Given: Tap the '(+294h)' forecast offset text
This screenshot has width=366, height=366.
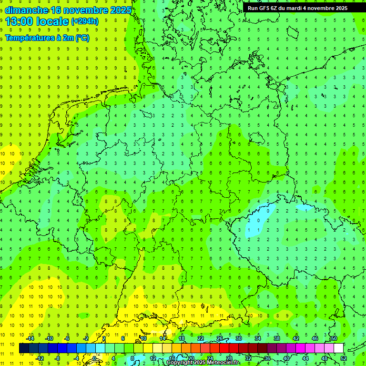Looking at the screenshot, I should pyautogui.click(x=85, y=21).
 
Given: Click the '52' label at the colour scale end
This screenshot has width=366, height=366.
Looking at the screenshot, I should pyautogui.click(x=344, y=358).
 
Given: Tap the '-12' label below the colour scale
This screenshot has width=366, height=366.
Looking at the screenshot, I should pyautogui.click(x=40, y=358).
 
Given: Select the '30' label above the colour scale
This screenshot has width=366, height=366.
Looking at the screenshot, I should pyautogui.click(x=238, y=338).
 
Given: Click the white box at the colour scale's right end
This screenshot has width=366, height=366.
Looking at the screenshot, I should pyautogui.click(x=338, y=348).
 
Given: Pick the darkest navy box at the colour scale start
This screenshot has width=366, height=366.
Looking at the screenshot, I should pyautogui.click(x=24, y=348).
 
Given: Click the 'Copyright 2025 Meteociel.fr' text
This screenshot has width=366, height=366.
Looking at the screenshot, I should pyautogui.click(x=203, y=363).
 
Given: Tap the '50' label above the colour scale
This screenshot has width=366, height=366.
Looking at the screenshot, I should pyautogui.click(x=334, y=338).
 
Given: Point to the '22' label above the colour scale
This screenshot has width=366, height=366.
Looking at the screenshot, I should pyautogui.click(x=201, y=338).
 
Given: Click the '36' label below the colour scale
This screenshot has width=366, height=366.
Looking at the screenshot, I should pyautogui.click(x=267, y=358).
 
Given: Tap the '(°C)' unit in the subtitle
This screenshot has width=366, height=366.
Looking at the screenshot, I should pyautogui.click(x=82, y=38).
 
